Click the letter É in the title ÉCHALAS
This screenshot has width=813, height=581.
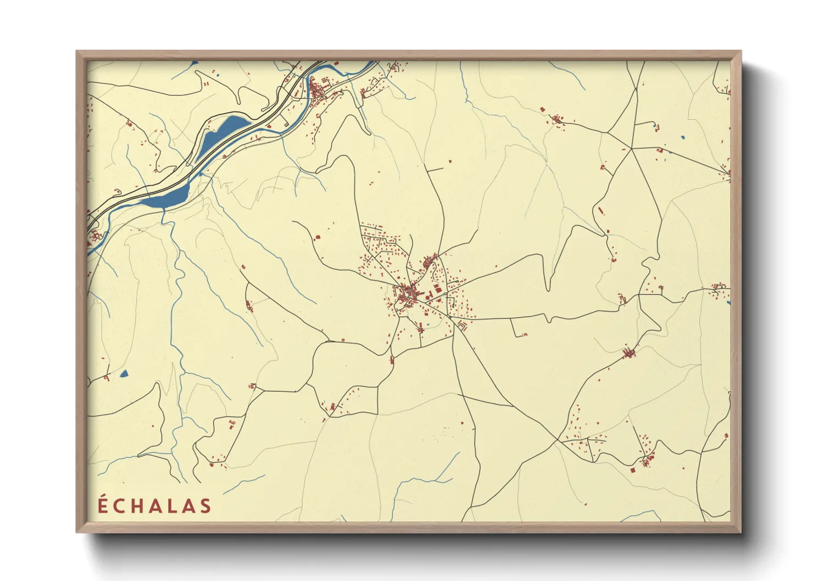(103, 505)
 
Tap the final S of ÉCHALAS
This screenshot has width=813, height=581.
(206, 506)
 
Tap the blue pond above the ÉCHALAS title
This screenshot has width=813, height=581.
(124, 374)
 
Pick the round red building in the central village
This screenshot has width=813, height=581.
(427, 297)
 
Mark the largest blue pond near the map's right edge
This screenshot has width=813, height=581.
(682, 137)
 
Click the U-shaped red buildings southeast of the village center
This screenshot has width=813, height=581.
(462, 326)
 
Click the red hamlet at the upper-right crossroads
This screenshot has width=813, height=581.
(557, 119)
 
